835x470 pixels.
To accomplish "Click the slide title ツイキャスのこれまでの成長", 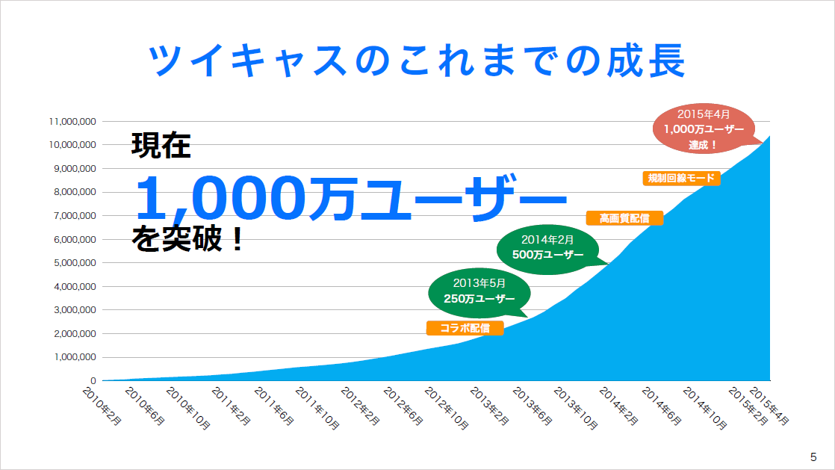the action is [x=417, y=61].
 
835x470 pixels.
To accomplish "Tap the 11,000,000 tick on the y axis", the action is [x=72, y=122].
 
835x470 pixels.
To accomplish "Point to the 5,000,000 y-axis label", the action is [x=75, y=263].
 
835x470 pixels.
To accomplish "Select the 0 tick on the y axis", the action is [x=93, y=381].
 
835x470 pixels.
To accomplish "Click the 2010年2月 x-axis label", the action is [x=102, y=406].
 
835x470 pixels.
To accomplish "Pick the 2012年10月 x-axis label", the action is [x=447, y=408].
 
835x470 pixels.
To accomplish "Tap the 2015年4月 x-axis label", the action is [x=769, y=406].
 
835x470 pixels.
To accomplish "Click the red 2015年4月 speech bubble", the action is [x=704, y=129].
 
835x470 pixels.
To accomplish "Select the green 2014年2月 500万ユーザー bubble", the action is [x=548, y=249].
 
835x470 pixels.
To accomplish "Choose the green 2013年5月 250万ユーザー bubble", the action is [x=479, y=293].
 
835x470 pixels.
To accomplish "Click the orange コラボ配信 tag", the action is [x=465, y=328].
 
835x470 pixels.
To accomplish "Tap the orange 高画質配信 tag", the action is [x=624, y=218].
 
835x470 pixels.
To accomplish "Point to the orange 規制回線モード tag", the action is [x=682, y=178].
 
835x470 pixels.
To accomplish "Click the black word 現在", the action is [x=161, y=146].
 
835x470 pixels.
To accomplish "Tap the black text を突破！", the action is [x=187, y=238].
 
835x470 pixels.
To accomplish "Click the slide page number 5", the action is [x=813, y=457].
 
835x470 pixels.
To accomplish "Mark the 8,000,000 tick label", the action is [x=75, y=192].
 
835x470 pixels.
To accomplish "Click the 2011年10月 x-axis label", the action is [x=317, y=408].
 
